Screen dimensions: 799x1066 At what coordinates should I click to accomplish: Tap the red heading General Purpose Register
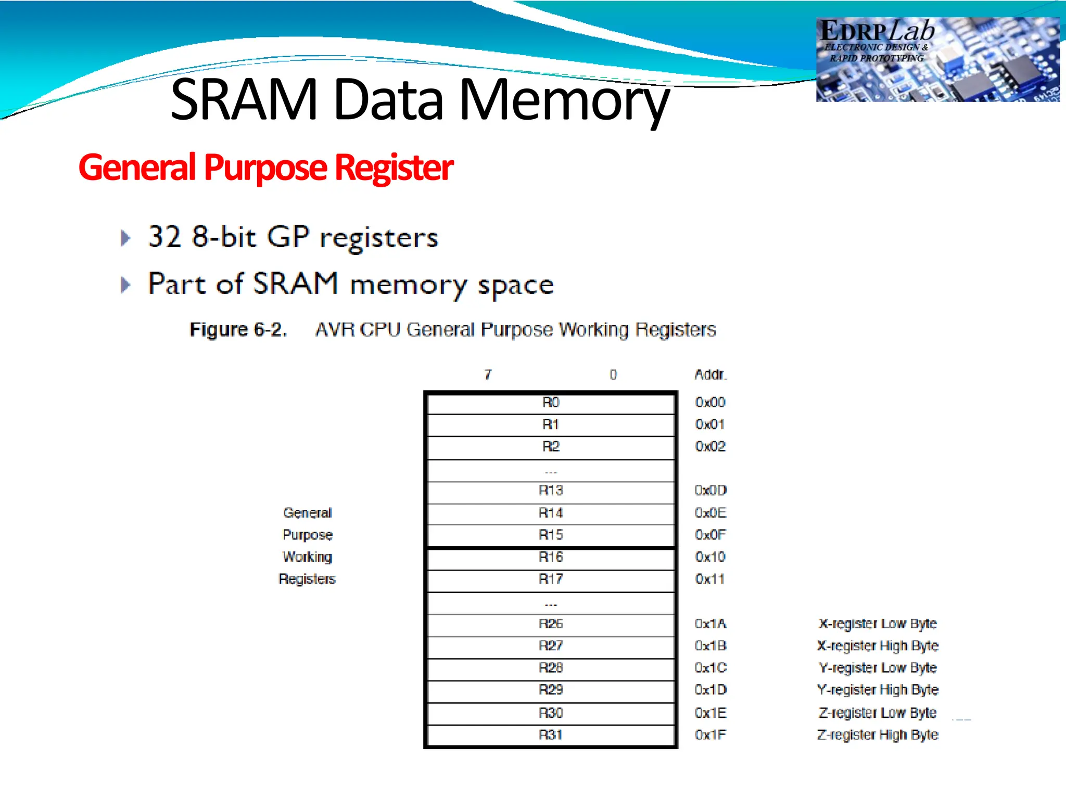coord(265,167)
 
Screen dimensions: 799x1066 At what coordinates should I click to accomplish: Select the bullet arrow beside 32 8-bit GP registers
coord(125,238)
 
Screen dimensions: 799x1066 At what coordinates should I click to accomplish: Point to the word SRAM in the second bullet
coord(295,284)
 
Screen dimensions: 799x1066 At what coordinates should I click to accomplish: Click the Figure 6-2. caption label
coord(238,330)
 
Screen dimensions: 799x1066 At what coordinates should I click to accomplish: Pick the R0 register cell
coord(551,403)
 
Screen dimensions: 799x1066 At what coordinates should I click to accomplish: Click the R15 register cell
coord(551,535)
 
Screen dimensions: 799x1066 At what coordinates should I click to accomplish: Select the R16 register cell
coord(551,557)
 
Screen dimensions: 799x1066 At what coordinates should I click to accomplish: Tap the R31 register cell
coord(551,735)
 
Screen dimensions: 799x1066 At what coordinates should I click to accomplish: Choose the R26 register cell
coord(551,624)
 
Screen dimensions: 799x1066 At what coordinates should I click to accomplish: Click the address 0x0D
coord(710,491)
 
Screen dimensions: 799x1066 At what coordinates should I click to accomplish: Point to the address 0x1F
coord(710,735)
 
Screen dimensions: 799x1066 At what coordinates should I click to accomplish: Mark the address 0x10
coord(710,557)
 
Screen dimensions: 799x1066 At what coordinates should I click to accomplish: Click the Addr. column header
coord(710,375)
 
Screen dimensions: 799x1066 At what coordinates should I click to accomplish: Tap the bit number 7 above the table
coord(488,375)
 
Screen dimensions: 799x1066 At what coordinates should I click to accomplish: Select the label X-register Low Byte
coord(878,624)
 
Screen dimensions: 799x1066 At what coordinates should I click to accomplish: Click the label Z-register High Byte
coord(878,735)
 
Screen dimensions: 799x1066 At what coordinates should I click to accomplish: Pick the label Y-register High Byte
coord(878,690)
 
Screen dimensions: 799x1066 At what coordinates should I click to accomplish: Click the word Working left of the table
coord(307,557)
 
